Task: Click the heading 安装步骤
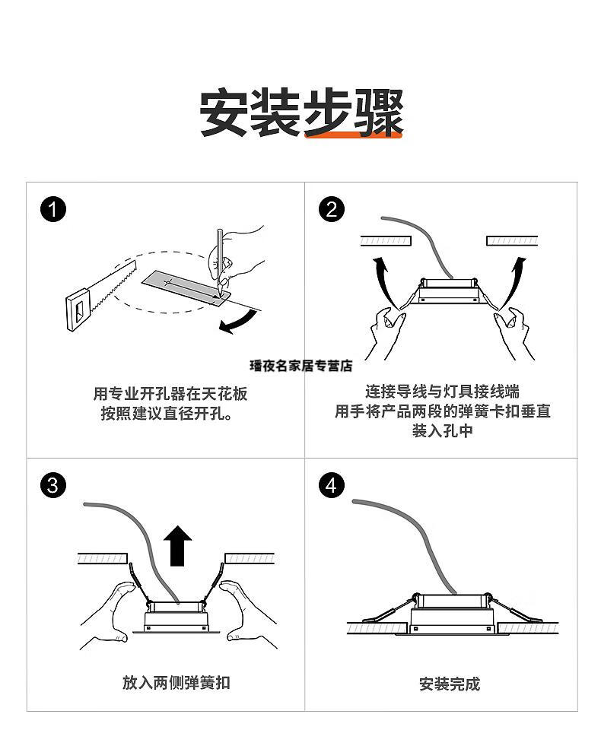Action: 300,113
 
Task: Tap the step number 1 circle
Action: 52,208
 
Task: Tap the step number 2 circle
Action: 331,208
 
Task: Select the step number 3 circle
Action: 52,485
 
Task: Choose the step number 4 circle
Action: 331,485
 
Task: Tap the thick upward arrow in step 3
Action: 179,544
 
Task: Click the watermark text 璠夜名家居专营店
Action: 300,366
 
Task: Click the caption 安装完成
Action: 449,684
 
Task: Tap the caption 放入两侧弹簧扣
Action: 176,682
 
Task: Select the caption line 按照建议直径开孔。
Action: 167,414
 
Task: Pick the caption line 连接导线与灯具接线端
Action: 442,392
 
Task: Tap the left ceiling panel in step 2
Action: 386,240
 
